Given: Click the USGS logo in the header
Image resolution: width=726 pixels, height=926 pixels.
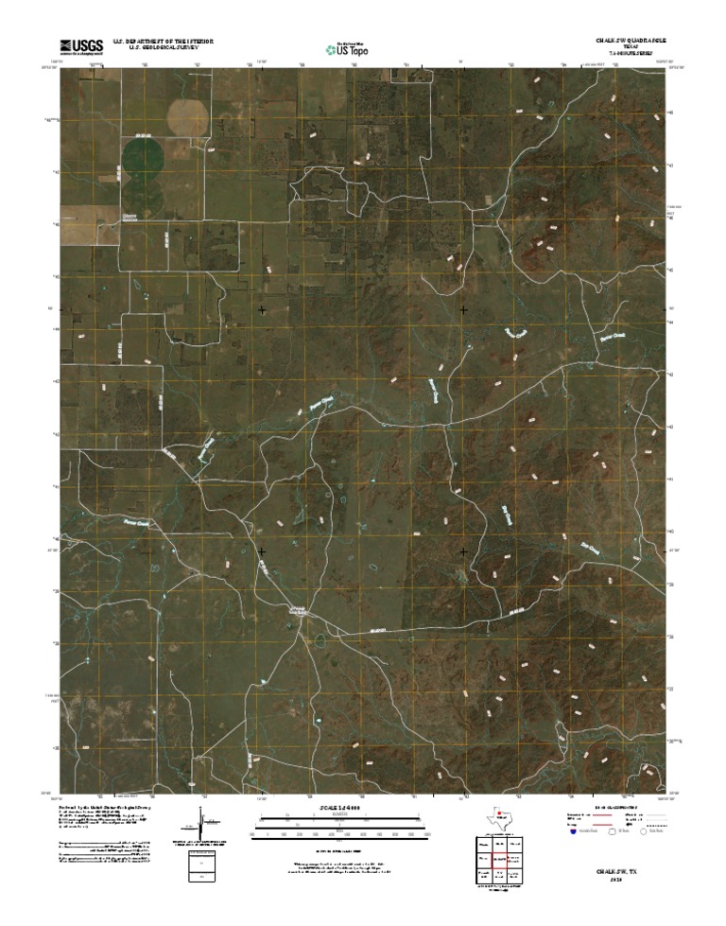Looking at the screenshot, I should (x=81, y=45).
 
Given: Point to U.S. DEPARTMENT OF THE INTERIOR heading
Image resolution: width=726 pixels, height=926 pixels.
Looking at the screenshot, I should (x=163, y=42).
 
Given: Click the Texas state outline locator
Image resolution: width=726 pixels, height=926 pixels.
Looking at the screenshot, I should (x=499, y=817).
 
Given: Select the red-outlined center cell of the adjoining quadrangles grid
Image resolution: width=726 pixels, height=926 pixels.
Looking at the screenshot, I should (x=499, y=859).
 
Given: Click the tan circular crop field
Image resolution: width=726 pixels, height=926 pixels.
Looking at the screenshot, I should (x=187, y=115).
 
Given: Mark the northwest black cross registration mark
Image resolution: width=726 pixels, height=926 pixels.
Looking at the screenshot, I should (x=262, y=310).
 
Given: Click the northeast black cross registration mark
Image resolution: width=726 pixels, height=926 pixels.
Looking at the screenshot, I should (x=464, y=310).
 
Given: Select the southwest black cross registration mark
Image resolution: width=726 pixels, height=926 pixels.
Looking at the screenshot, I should (x=262, y=550).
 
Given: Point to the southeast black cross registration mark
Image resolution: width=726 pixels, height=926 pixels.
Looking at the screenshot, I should (x=464, y=550).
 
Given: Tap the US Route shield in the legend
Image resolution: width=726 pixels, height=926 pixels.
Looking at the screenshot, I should (x=611, y=832).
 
